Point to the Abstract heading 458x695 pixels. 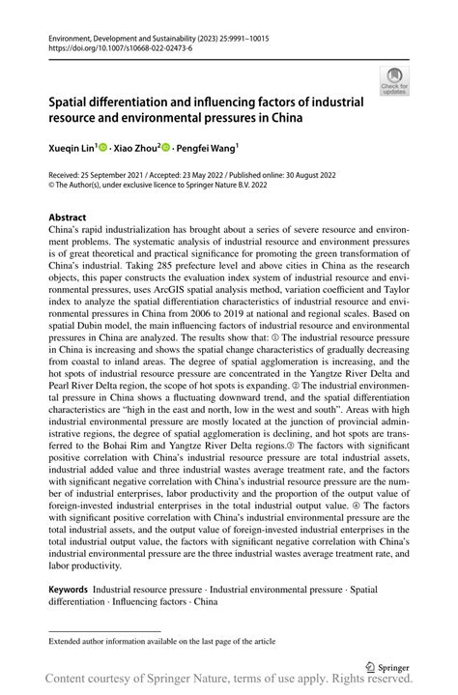click(67, 217)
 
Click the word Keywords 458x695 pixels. click(68, 588)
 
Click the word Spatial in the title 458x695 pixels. click(73, 101)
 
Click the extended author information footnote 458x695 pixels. click(161, 640)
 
